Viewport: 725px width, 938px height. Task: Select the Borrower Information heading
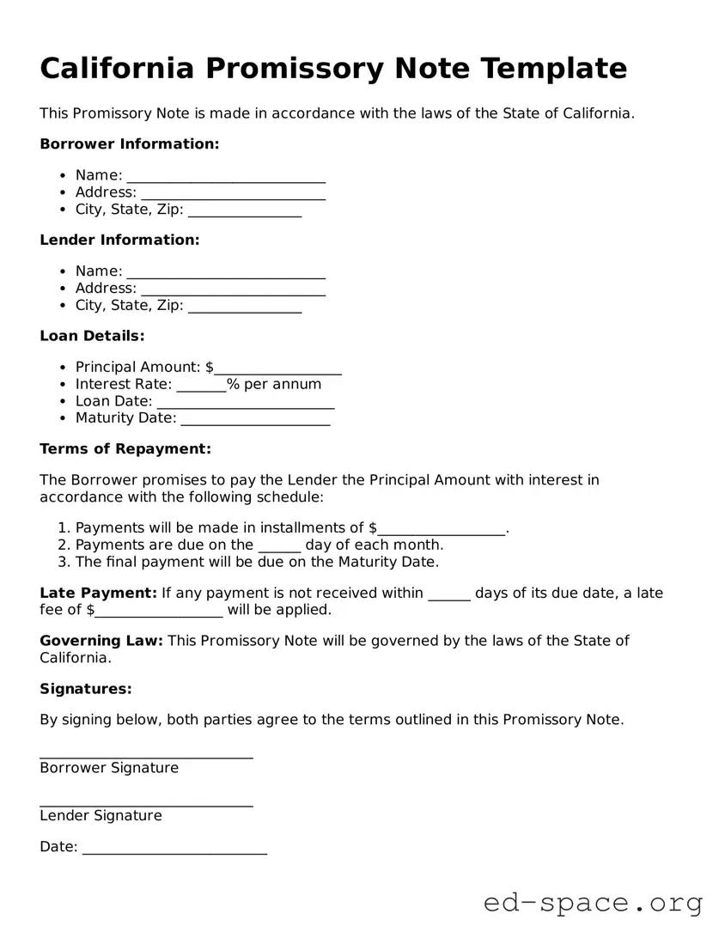coord(130,144)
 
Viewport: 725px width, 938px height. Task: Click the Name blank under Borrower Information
coord(226,177)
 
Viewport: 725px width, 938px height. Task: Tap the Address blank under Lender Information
coord(233,290)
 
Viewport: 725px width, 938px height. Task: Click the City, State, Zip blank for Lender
coord(245,308)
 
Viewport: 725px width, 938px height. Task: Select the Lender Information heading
coord(119,241)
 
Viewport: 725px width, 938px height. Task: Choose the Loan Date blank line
coord(246,404)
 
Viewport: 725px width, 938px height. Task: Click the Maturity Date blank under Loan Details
coord(255,421)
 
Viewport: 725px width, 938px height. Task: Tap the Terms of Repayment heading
coord(125,449)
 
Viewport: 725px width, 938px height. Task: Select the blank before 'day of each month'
coord(279,547)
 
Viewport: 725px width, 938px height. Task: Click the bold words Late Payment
coord(98,594)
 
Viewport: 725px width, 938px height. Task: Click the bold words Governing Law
coord(101,641)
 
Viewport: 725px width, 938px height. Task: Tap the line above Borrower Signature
coord(146,755)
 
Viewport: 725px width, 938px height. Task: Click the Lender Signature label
coord(101,816)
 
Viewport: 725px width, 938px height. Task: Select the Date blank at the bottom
coord(174,850)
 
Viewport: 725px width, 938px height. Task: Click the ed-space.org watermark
coord(593,904)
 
